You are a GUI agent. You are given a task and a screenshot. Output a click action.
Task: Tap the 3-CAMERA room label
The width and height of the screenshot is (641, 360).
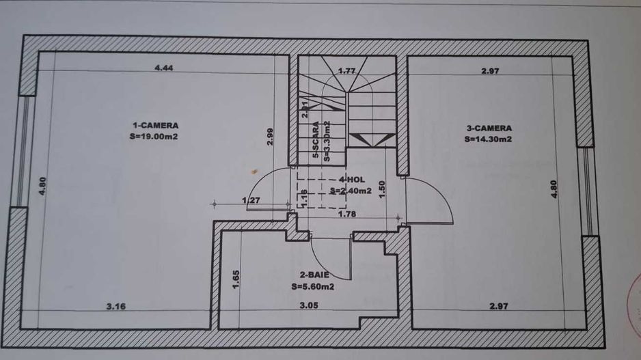click(x=489, y=127)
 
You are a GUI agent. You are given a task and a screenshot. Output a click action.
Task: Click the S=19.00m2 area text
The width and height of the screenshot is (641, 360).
click(x=155, y=135)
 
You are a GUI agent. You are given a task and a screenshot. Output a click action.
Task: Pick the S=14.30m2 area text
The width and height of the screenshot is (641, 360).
click(x=489, y=139)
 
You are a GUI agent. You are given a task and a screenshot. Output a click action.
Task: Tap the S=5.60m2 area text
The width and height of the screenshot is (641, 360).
click(x=312, y=287)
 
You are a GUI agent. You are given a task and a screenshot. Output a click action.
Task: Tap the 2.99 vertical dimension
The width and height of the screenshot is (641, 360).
click(x=271, y=137)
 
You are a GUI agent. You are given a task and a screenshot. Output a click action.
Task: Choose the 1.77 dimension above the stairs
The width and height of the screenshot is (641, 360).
click(x=349, y=70)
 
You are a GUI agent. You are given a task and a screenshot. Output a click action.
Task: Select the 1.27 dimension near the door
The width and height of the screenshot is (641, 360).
click(x=251, y=200)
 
